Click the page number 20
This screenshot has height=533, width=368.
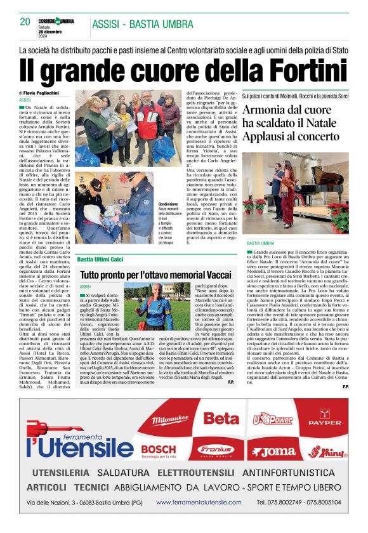(25, 22)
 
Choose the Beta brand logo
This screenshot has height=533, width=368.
(221, 419)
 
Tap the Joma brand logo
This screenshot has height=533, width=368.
(271, 452)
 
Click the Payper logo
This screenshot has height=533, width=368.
(328, 420)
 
